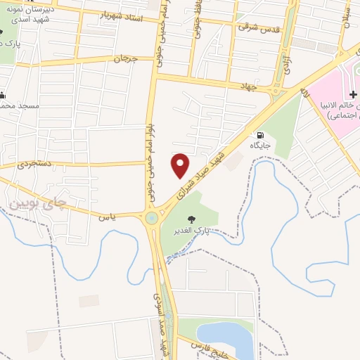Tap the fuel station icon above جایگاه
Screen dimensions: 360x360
coord(262,135)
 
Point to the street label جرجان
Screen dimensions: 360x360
coord(128,59)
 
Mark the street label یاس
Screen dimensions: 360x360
coord(107,217)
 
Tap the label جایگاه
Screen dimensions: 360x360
coord(260,146)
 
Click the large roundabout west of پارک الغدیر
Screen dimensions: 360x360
coord(152,219)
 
